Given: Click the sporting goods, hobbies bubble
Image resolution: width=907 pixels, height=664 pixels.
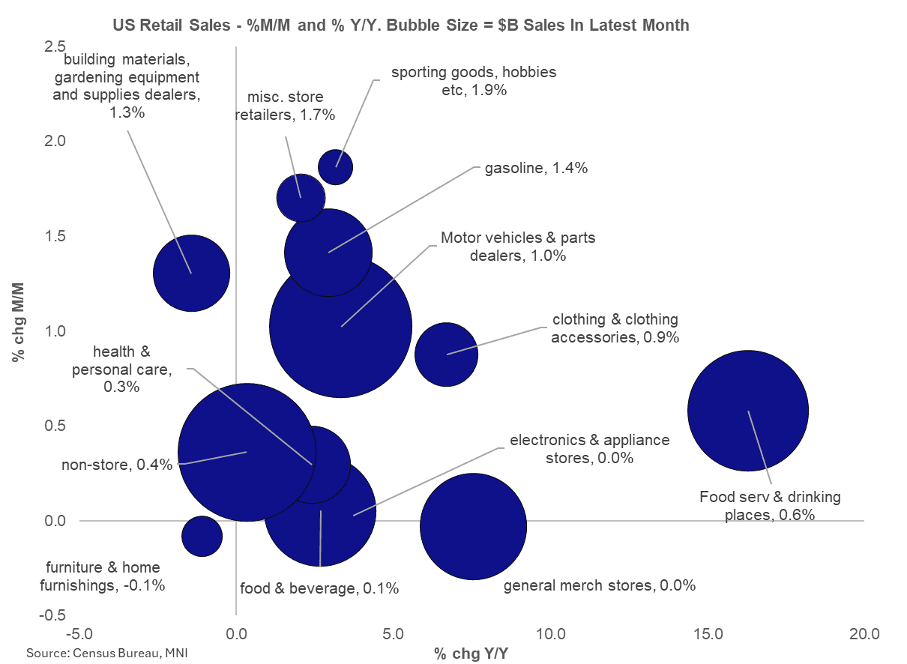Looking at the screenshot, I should coord(335,166).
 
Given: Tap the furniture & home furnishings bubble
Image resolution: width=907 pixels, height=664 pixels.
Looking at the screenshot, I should coord(202,536).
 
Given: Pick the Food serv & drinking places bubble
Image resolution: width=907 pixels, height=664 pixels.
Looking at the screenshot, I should coord(747,411).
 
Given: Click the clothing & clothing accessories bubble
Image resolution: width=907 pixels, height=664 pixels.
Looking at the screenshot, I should coord(446,354).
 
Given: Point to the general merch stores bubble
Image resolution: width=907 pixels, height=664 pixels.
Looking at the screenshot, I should coord(473,526).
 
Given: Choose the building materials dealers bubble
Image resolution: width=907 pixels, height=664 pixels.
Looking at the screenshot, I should coord(191,273).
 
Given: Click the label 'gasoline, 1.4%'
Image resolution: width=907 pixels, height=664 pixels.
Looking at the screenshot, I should coord(536,168).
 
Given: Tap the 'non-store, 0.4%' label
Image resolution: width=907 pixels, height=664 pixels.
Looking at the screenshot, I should coord(117,465).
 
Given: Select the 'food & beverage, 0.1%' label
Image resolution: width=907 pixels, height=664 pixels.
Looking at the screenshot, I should coord(319,588).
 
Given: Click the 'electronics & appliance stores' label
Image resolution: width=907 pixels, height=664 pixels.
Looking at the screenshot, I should coord(589,448).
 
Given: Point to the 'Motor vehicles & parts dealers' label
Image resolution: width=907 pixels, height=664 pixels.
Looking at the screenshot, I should coord(517,247).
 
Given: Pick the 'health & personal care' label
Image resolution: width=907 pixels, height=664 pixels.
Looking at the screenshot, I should coord(133,369).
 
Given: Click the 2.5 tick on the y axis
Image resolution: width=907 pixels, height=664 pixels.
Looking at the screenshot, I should coord(54,46).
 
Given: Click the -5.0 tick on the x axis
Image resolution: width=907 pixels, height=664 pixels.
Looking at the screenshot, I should coord(79,634).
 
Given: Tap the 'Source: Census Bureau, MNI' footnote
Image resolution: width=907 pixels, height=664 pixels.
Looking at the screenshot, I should coord(106,653).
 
